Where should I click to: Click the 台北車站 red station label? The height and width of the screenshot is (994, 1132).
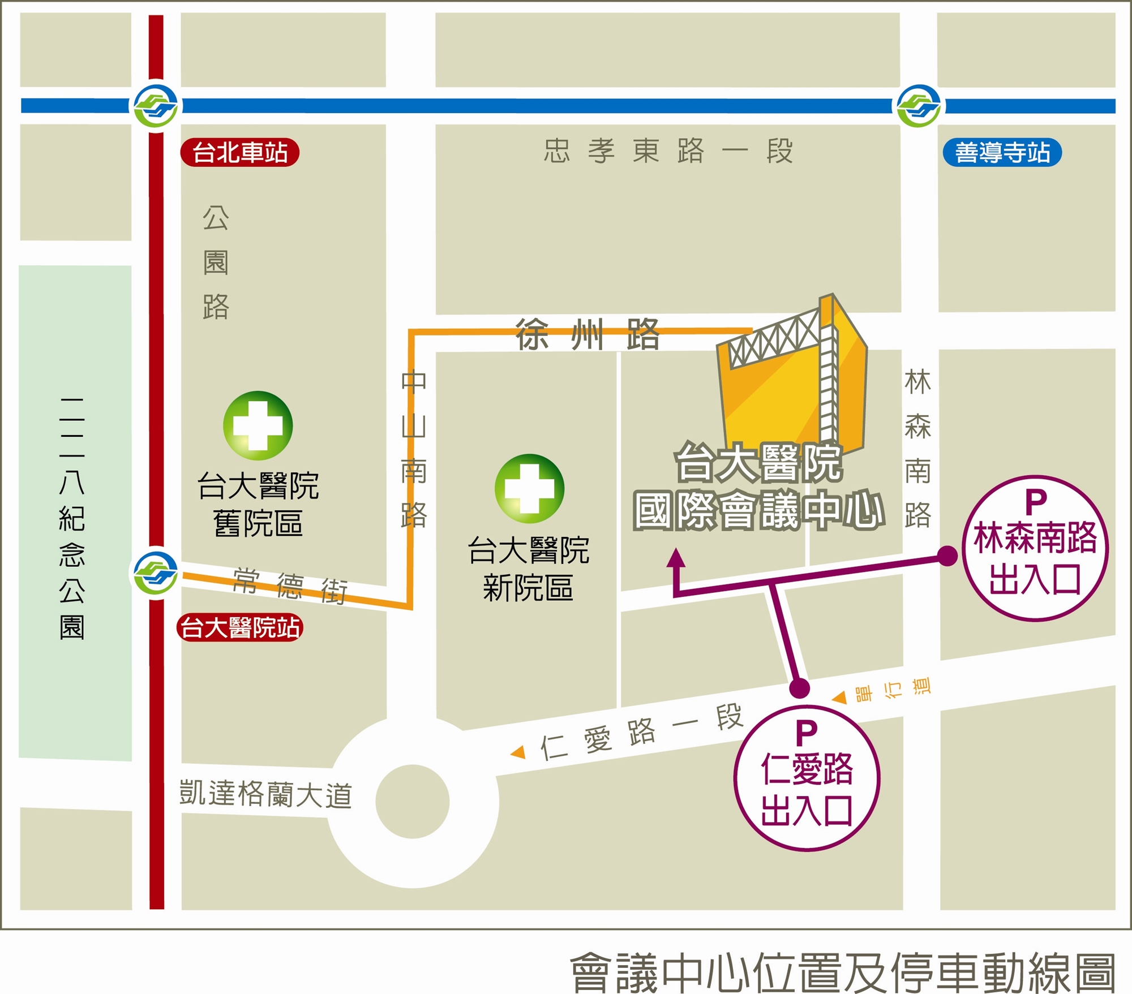click(239, 152)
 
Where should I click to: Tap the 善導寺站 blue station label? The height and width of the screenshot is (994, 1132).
click(1002, 153)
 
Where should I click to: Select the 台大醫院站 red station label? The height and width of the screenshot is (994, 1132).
click(240, 628)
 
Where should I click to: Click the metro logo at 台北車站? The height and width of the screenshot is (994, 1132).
click(156, 106)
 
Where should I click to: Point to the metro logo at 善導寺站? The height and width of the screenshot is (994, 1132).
click(919, 106)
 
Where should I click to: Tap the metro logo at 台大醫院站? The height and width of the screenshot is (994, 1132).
click(156, 573)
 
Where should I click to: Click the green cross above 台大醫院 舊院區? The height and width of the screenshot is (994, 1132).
click(258, 425)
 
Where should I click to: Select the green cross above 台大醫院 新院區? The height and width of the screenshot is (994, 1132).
click(529, 488)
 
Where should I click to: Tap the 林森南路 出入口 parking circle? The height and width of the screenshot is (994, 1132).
click(1035, 548)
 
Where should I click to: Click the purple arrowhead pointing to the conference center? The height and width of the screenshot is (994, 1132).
click(676, 558)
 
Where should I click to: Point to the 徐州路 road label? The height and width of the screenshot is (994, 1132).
click(587, 334)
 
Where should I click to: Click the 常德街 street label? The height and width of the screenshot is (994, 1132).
click(290, 586)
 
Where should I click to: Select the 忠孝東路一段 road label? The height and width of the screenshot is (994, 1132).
click(668, 152)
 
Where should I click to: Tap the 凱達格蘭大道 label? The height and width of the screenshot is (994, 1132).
click(265, 794)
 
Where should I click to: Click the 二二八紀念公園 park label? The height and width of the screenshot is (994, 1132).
click(72, 518)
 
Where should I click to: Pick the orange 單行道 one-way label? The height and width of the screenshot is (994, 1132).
click(891, 690)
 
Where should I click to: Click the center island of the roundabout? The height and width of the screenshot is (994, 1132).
click(412, 802)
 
